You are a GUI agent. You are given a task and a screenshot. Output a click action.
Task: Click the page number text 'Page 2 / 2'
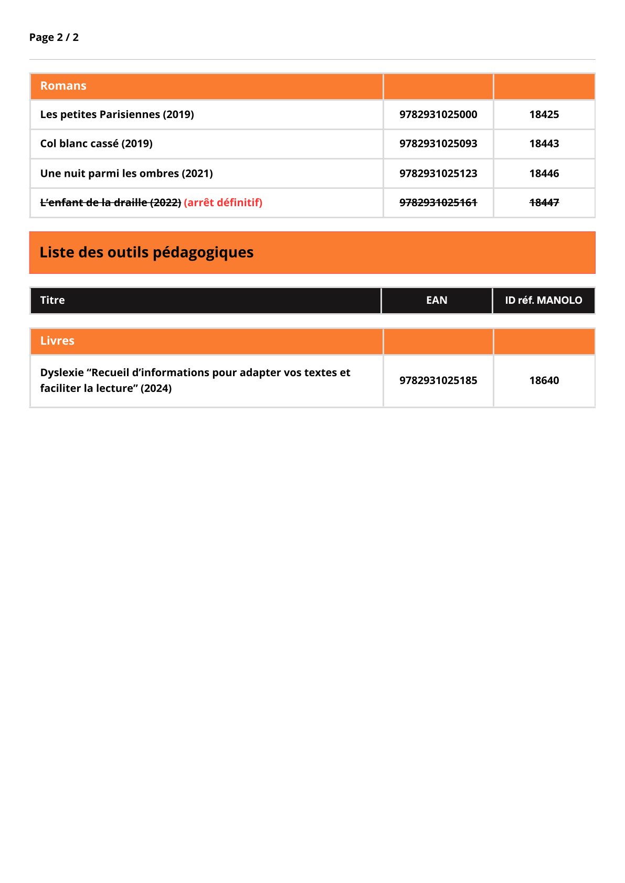pyautogui.click(x=54, y=37)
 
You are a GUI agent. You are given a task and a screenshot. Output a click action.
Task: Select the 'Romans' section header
pyautogui.click(x=63, y=86)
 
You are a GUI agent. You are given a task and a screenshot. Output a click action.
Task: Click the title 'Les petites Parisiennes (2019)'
pyautogui.click(x=117, y=114)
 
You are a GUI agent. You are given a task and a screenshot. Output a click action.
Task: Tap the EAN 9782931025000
pyautogui.click(x=438, y=114)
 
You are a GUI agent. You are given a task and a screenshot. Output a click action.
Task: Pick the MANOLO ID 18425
pyautogui.click(x=544, y=114)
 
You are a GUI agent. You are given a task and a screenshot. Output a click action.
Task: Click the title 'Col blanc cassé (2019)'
pyautogui.click(x=97, y=144)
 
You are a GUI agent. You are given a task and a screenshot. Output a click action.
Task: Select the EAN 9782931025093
pyautogui.click(x=438, y=144)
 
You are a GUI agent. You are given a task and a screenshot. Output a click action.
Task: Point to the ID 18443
pyautogui.click(x=544, y=144)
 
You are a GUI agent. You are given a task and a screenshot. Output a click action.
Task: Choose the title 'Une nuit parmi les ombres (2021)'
pyautogui.click(x=126, y=174)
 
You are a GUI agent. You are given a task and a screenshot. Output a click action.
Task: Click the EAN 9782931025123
pyautogui.click(x=438, y=174)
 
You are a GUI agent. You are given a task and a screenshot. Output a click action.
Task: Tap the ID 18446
pyautogui.click(x=544, y=174)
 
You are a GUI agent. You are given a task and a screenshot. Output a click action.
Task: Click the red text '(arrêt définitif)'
pyautogui.click(x=223, y=203)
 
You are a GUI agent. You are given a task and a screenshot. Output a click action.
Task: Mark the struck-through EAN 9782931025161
pyautogui.click(x=438, y=203)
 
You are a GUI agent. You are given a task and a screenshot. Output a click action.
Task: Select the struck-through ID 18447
pyautogui.click(x=544, y=203)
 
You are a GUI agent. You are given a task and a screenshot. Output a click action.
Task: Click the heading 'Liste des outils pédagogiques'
pyautogui.click(x=146, y=252)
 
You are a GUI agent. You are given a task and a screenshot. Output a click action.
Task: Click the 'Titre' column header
pyautogui.click(x=52, y=301)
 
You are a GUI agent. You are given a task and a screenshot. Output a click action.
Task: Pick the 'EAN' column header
pyautogui.click(x=437, y=301)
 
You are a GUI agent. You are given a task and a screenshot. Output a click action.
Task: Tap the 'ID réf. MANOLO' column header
pyautogui.click(x=544, y=301)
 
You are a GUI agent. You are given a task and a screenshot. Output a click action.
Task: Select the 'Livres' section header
pyautogui.click(x=57, y=341)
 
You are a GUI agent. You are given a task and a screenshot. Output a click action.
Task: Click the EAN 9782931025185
pyautogui.click(x=438, y=380)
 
